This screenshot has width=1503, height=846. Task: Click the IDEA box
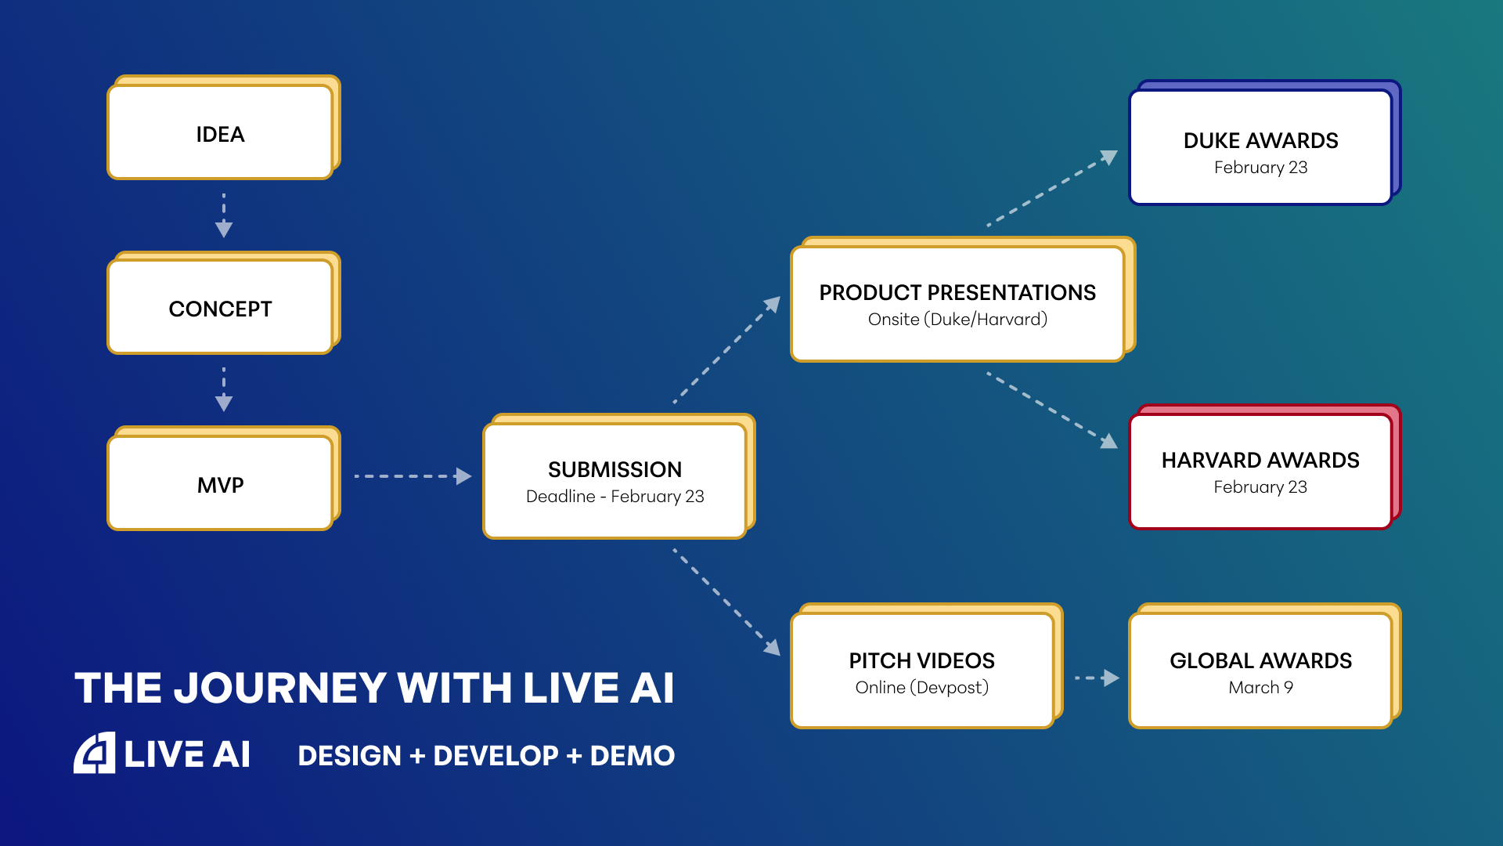coord(220,133)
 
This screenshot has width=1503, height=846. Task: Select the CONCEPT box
coord(220,308)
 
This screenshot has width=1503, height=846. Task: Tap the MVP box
coord(220,484)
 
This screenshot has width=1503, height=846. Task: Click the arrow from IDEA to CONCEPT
coord(224,215)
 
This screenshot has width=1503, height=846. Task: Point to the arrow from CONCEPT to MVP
coord(224,389)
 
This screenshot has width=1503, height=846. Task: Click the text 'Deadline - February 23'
coord(615,497)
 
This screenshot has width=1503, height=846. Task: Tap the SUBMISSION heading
coord(615,469)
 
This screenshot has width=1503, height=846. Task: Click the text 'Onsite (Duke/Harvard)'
coord(957,320)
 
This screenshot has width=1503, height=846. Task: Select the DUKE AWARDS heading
coord(1260,140)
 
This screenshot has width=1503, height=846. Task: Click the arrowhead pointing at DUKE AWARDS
coord(1108,157)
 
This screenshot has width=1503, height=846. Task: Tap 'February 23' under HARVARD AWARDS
coord(1260,487)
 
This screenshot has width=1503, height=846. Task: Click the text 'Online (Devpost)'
coord(921,688)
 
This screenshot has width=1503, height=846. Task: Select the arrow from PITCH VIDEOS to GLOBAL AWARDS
coord(1097,678)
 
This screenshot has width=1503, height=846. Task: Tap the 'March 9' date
coord(1260,688)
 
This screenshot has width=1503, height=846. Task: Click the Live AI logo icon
coord(95,754)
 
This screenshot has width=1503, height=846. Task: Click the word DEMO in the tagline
coord(632,756)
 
